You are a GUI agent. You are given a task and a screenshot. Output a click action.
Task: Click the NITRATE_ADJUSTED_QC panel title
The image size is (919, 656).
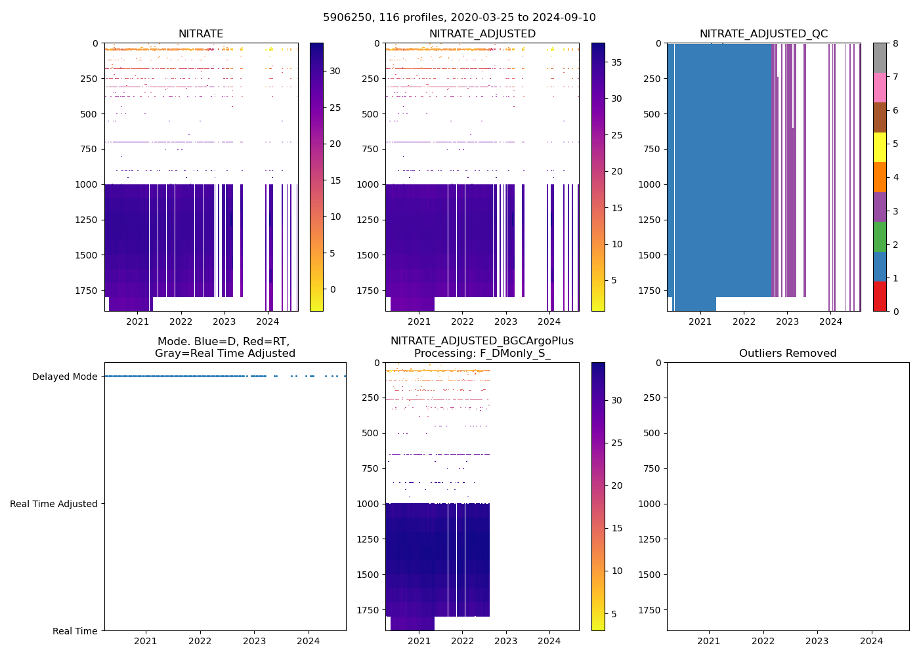[763, 34]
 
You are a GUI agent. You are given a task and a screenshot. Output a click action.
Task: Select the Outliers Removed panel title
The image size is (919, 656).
[788, 354]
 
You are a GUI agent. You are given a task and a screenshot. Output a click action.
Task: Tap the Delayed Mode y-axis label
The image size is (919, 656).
[64, 377]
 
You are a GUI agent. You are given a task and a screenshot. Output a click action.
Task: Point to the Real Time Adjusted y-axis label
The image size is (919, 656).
[54, 504]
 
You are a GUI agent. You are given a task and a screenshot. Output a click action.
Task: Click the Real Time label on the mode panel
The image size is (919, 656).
[75, 631]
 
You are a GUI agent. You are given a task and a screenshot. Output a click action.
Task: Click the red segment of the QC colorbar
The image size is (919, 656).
[880, 296]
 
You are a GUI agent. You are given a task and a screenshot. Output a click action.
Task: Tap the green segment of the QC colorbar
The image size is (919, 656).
[880, 236]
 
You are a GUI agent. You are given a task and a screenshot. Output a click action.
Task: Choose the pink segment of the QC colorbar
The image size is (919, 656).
[880, 87]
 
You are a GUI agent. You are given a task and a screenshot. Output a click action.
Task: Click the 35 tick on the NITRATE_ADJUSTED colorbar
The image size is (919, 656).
[616, 62]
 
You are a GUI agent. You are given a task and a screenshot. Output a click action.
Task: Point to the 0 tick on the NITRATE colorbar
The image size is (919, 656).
[333, 289]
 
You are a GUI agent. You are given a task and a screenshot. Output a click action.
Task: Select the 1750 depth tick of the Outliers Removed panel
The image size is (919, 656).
[649, 610]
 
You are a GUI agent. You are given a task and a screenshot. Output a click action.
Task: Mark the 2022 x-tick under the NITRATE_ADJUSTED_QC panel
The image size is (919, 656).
[744, 321]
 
